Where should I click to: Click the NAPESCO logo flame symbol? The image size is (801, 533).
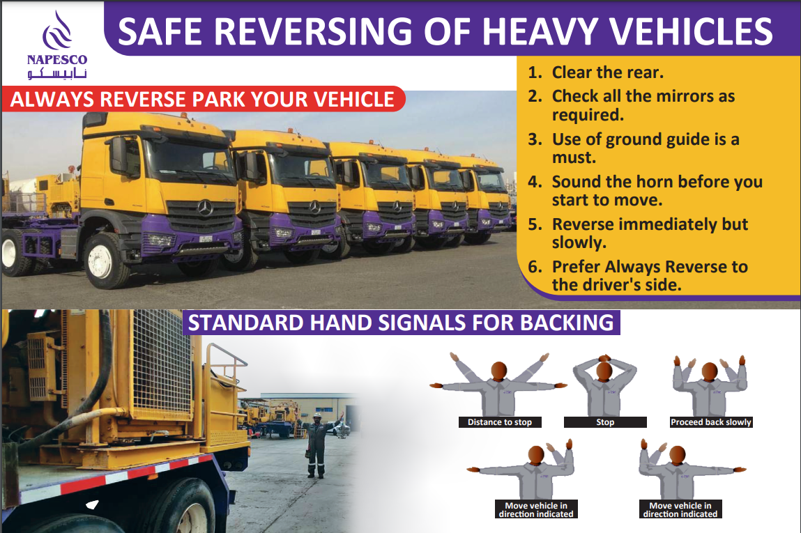pos(56,31)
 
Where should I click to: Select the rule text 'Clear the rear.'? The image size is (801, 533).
pos(607,72)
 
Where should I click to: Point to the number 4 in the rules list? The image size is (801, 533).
pos(534,182)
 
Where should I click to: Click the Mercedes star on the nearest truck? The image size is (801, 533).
pos(205,208)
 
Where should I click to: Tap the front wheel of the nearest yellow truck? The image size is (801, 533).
pos(105,261)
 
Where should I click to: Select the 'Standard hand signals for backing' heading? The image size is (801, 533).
pos(401,323)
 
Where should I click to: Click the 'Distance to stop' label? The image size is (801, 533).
pos(500,422)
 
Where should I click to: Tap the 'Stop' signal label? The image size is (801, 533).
pos(605,422)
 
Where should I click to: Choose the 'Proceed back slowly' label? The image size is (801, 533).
pos(711,422)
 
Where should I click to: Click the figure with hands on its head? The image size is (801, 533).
pos(605,385)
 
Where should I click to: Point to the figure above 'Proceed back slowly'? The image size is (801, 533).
pos(710,385)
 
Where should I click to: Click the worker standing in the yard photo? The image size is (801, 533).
pos(317,445)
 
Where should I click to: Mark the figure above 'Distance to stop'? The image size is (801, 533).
pos(498,384)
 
